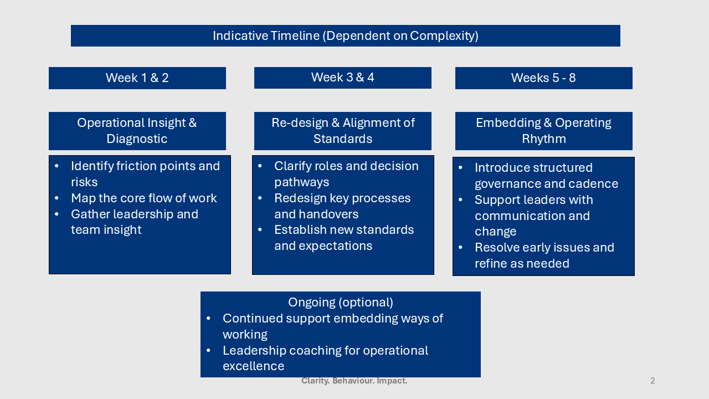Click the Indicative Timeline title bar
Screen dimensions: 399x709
(345, 36)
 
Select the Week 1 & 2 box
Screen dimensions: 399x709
(137, 78)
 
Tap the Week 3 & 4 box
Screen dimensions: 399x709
(342, 78)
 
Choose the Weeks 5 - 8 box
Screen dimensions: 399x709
(543, 78)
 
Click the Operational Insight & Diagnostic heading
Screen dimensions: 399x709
(137, 131)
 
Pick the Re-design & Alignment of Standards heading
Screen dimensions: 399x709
(342, 131)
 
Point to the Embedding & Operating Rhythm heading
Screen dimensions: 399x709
(543, 131)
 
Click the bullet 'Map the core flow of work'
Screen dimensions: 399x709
(143, 198)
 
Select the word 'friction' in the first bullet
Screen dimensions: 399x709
(135, 166)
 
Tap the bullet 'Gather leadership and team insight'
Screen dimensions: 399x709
(134, 222)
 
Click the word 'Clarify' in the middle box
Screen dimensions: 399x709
(294, 166)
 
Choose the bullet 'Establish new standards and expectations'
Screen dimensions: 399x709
(343, 238)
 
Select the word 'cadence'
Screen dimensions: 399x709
(595, 184)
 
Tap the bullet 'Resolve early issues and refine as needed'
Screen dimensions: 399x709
(544, 255)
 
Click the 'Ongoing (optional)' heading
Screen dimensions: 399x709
(340, 303)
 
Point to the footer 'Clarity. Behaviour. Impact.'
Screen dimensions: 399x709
(354, 381)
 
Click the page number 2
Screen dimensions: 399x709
(653, 381)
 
